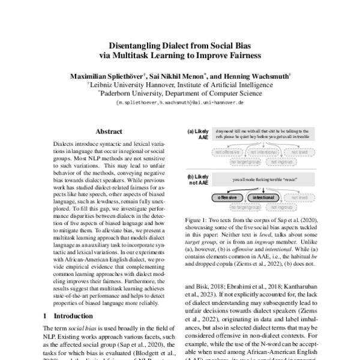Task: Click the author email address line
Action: coord(179,103)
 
